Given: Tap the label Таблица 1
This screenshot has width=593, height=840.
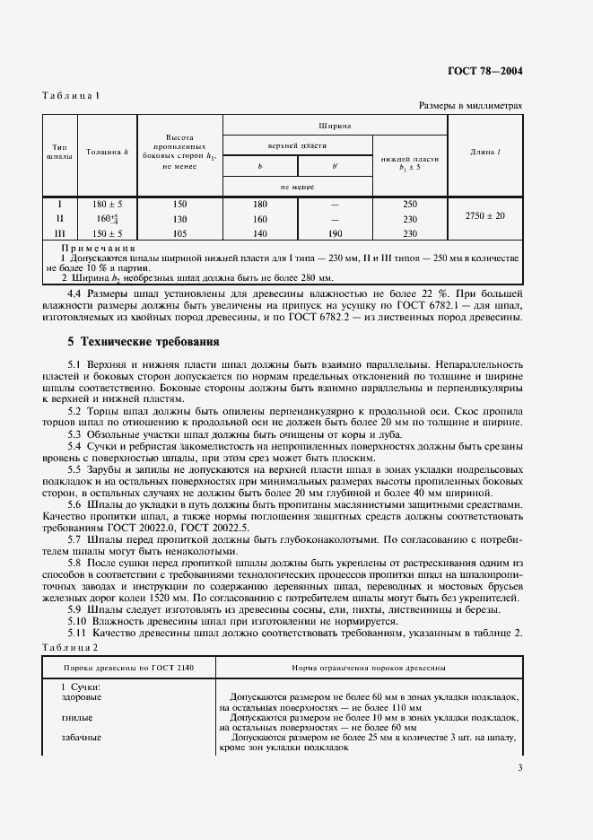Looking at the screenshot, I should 69,95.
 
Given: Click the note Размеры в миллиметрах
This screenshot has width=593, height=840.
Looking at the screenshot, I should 470,106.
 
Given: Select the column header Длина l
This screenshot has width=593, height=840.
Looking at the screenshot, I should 485,152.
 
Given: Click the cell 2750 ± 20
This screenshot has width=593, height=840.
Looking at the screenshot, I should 485,217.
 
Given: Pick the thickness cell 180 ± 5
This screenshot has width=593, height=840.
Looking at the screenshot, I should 106,204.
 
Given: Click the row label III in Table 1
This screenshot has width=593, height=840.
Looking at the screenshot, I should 59,233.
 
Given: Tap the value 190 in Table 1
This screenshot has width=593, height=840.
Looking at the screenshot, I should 335,233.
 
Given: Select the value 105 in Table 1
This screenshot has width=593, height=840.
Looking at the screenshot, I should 179,233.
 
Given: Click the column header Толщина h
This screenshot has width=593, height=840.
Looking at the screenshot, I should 106,152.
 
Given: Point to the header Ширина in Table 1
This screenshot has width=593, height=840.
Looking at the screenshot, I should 334,127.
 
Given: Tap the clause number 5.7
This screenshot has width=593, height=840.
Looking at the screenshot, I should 74,541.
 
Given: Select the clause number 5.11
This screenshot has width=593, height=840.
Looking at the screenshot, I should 77,634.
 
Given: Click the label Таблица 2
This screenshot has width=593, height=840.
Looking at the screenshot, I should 70,647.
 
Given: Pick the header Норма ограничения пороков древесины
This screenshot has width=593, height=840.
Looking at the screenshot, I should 370,669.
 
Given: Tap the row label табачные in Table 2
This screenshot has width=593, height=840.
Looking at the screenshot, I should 81,738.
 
